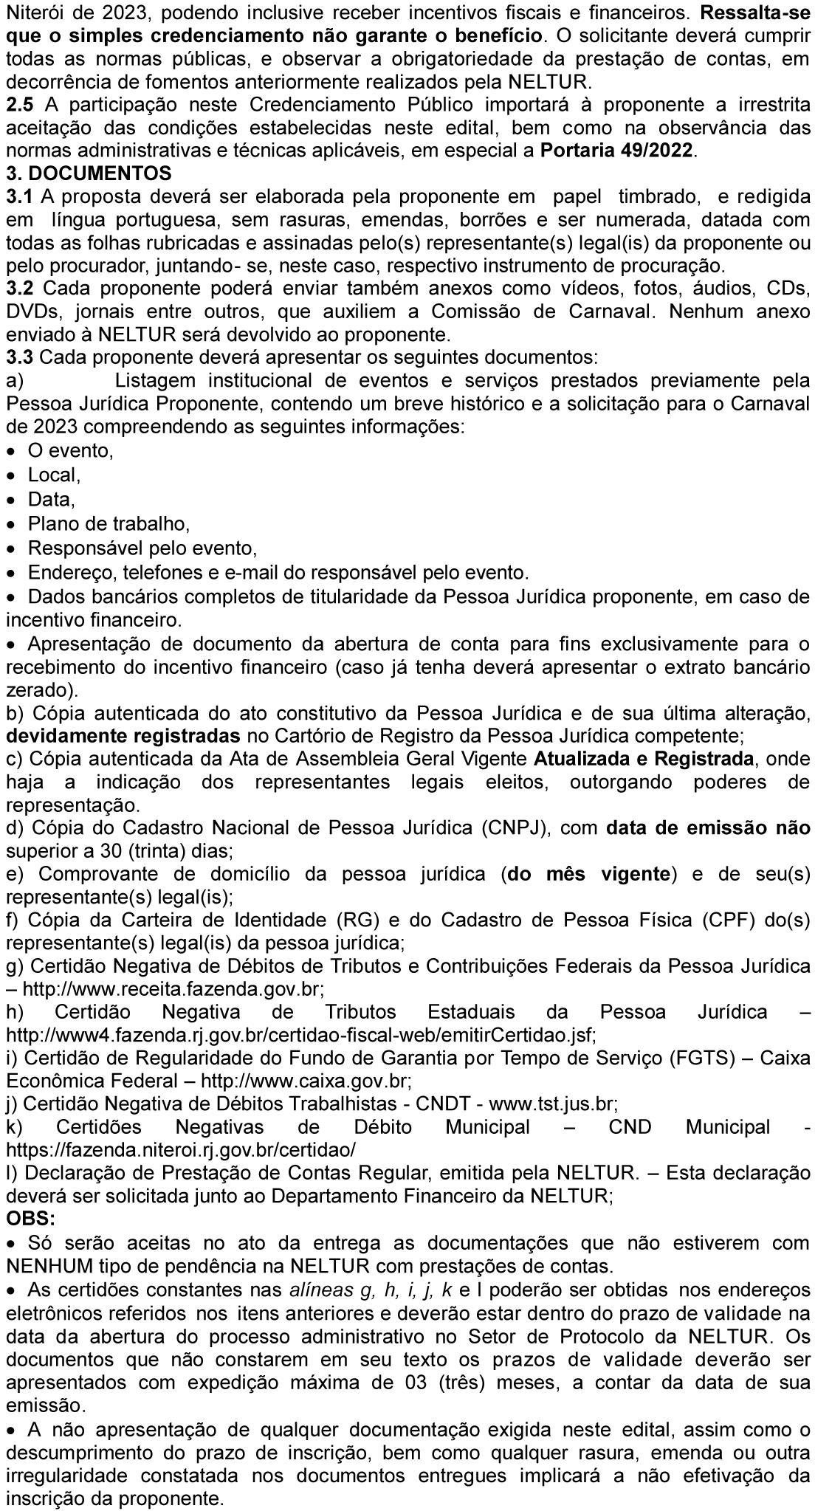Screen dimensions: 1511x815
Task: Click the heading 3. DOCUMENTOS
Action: click(89, 173)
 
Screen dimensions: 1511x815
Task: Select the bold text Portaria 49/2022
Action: click(618, 151)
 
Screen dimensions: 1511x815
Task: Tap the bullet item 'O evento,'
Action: click(71, 450)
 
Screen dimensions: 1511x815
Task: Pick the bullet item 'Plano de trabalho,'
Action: click(109, 524)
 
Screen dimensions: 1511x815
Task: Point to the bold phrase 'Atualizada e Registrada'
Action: click(644, 759)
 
